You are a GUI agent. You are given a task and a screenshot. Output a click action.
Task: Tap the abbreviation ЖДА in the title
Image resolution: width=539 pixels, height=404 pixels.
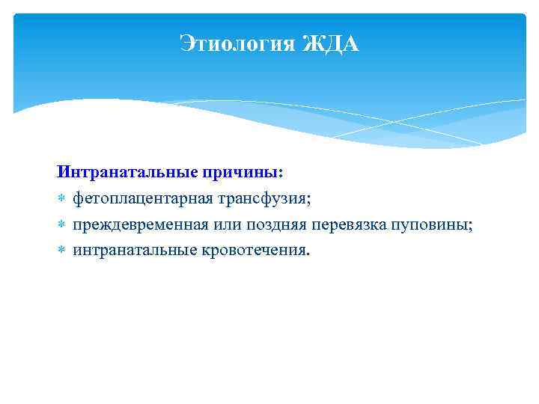330,46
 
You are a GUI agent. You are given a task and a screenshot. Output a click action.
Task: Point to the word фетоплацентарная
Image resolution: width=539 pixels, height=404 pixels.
142,200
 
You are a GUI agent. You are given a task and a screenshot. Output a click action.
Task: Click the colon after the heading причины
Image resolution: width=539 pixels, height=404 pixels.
281,174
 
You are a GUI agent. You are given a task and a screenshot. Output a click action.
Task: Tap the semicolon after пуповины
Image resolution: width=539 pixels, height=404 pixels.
471,227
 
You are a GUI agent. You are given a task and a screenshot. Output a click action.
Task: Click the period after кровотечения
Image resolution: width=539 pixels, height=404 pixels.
305,254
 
